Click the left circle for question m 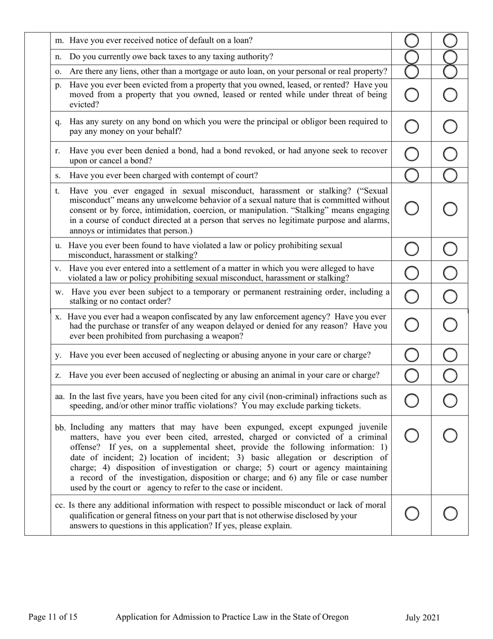tap(411, 41)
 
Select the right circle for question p tap(450, 95)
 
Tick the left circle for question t tap(411, 208)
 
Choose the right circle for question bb tap(450, 435)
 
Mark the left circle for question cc tap(411, 514)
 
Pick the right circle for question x tap(450, 325)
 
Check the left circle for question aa tap(411, 401)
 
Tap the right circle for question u tap(450, 249)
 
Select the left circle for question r tap(411, 154)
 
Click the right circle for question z tap(450, 375)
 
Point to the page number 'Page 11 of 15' tap(53, 617)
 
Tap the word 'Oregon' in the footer tap(335, 617)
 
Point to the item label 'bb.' tap(60, 428)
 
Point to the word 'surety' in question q tap(98, 122)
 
